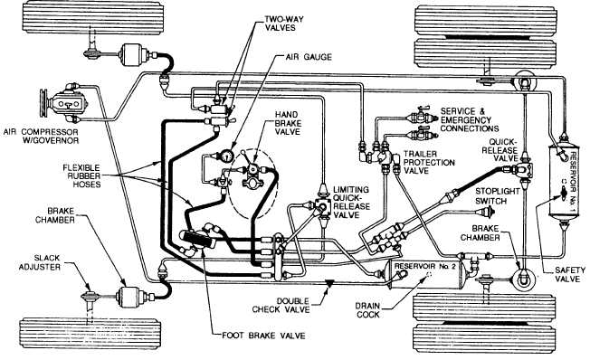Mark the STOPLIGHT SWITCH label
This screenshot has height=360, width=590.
[x=500, y=195]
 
